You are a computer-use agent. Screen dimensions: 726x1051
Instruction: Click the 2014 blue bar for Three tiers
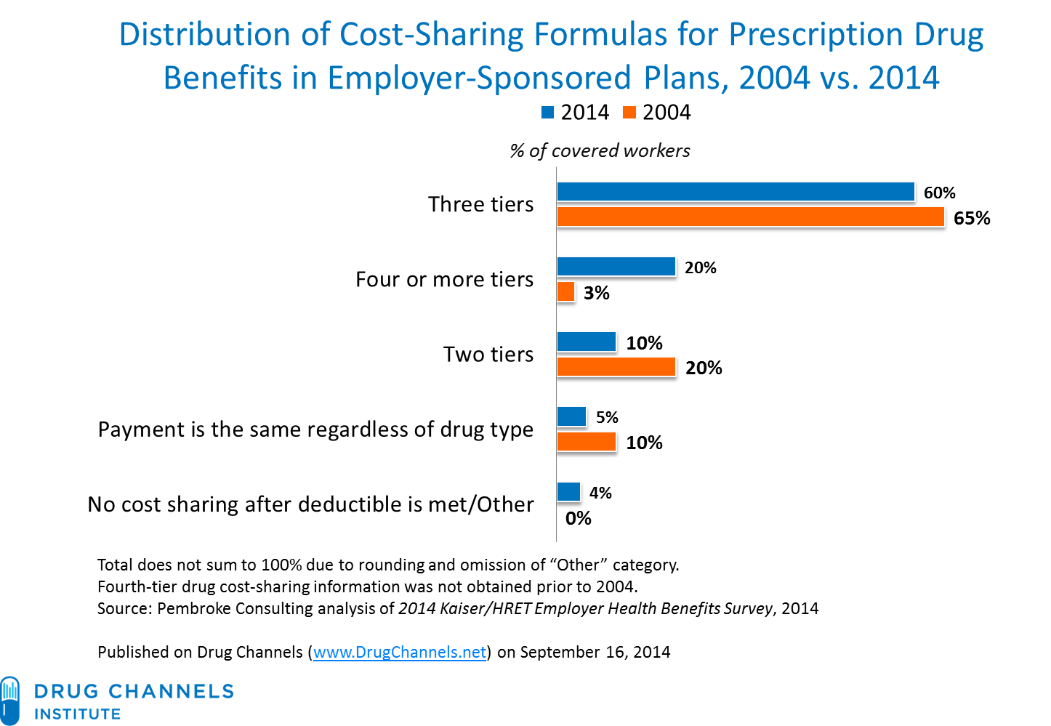coord(736,191)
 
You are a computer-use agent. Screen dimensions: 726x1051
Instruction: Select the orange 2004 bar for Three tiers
coord(751,217)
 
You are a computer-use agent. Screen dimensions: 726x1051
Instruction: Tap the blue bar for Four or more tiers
coord(616,267)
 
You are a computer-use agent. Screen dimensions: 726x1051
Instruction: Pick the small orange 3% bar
coord(566,292)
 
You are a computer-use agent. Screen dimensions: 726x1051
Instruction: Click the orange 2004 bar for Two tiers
coord(616,367)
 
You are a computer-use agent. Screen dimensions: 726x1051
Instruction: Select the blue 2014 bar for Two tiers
coord(587,342)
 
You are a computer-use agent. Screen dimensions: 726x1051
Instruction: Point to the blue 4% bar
coord(569,492)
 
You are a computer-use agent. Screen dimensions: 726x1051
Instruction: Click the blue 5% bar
coord(571,416)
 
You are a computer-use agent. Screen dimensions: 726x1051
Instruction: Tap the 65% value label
coord(972,218)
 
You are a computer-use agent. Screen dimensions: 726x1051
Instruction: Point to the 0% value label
coord(578,518)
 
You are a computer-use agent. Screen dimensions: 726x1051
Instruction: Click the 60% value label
coord(939,193)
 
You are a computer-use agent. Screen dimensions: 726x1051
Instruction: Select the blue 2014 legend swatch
coord(547,113)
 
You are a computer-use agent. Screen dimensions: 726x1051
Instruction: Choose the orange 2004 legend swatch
coord(629,113)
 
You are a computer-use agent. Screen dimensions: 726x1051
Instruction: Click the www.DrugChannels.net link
coord(400,652)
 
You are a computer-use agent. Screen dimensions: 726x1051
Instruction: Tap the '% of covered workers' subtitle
coord(600,150)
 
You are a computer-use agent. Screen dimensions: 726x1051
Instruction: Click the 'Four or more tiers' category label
coord(444,279)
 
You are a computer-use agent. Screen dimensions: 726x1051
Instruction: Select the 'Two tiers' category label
coord(488,354)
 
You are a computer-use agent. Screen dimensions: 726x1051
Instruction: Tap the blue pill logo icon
coord(11,699)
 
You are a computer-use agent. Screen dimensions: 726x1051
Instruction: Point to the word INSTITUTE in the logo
coord(77,714)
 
